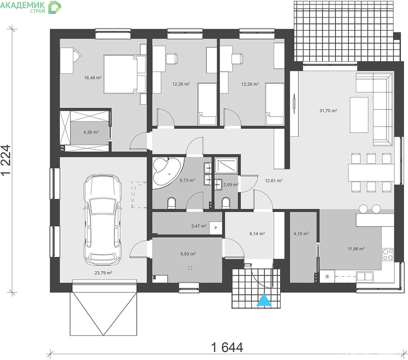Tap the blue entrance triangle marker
tap(264, 300)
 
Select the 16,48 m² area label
tap(93, 77)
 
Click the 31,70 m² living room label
tap(328, 110)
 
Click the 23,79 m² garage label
tap(103, 273)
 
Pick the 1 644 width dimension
tap(227, 347)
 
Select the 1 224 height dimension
tap(6, 160)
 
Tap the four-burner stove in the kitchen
tap(388, 254)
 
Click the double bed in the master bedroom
tap(122, 74)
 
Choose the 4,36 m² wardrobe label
tap(91, 132)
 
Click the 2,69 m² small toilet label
tap(231, 184)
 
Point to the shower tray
tap(226, 165)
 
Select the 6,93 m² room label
tap(188, 254)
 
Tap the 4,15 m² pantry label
tap(301, 234)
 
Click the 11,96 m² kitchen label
tap(356, 248)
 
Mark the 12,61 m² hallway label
tap(274, 180)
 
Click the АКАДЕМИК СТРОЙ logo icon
tap(54, 7)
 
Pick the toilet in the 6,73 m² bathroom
tap(172, 203)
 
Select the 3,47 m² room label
tap(199, 226)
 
